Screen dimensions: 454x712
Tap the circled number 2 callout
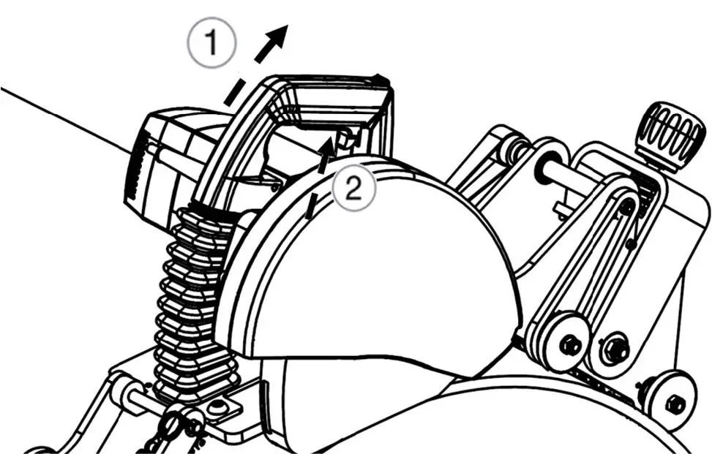[x=353, y=190]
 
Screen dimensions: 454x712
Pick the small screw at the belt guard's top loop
[x=626, y=208]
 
